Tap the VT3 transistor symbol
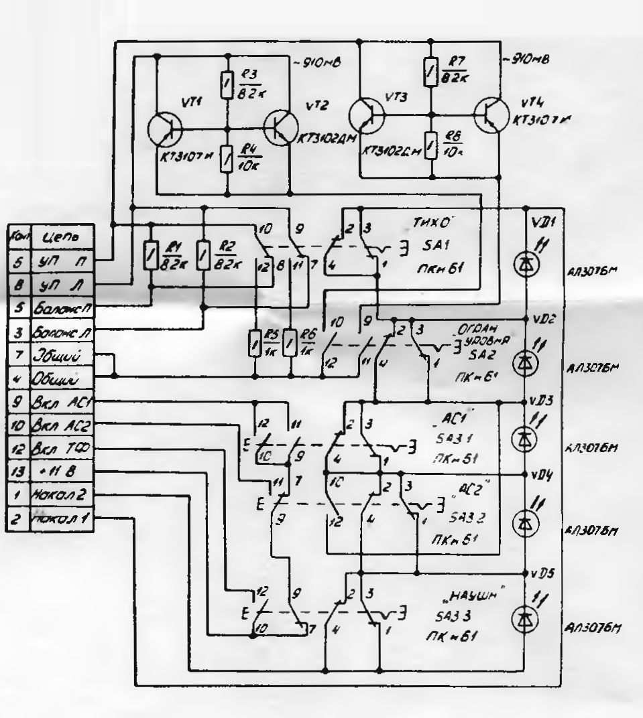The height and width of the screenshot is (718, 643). pos(369,115)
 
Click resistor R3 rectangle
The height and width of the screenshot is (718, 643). pos(227,85)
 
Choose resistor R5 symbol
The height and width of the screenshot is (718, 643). pos(255,344)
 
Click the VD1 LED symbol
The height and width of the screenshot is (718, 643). pos(525,264)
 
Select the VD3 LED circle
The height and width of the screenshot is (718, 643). pos(525,439)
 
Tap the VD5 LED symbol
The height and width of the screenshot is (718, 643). pos(525,620)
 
